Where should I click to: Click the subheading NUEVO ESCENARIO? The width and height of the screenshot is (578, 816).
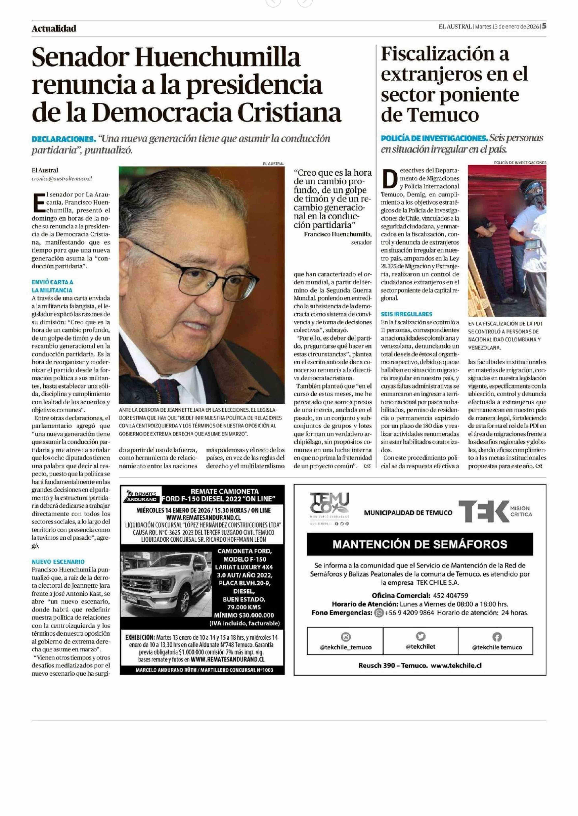point(58,562)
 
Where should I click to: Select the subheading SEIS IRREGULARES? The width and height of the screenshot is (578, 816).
point(406,314)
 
